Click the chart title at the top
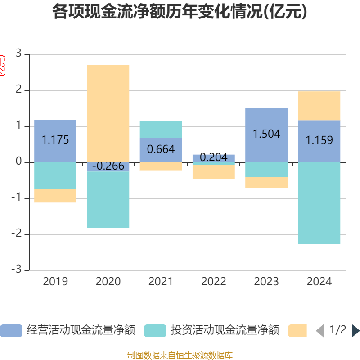click(180, 12)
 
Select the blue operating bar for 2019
click(55, 141)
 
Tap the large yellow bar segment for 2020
click(108, 113)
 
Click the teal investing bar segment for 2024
click(319, 203)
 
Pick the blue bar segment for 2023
click(266, 135)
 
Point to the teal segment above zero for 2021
click(161, 129)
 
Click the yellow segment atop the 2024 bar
click(319, 106)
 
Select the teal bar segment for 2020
click(108, 200)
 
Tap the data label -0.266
click(108, 166)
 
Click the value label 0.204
click(213, 158)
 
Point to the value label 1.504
click(266, 134)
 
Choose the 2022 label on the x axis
click(213, 282)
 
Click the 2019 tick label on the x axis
click(55, 282)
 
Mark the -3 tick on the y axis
click(18, 270)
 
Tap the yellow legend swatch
click(297, 331)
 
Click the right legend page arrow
click(355, 331)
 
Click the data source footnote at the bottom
click(180, 355)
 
